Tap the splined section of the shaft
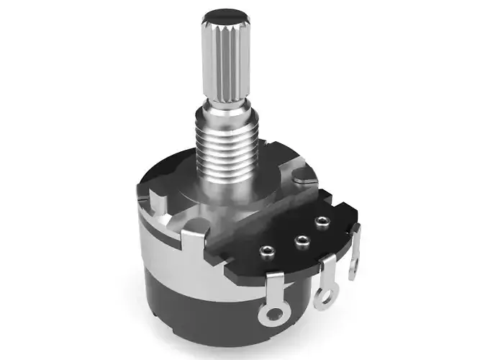click(x=226, y=61)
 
